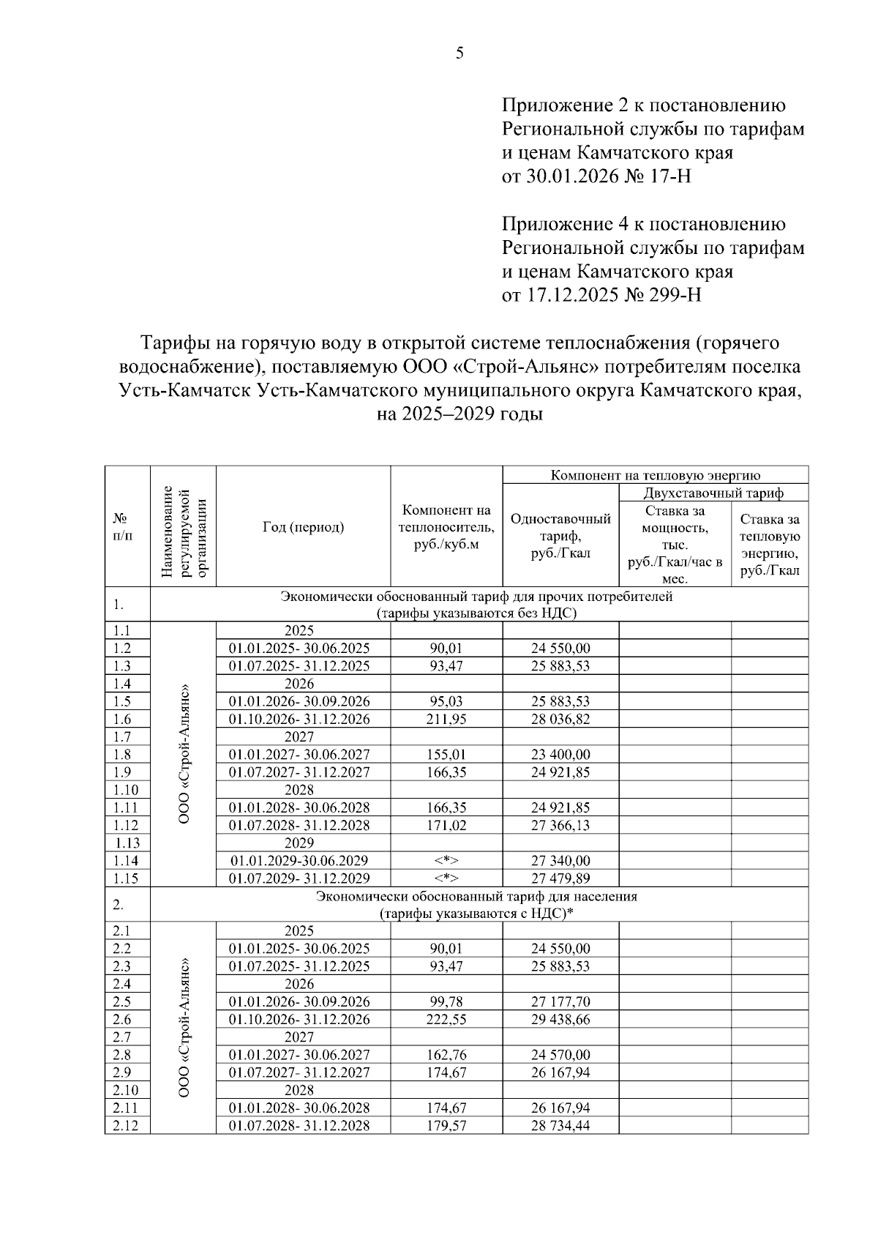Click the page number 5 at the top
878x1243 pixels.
tap(459, 53)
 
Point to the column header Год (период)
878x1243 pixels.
tap(303, 527)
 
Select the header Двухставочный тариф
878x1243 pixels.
tap(713, 493)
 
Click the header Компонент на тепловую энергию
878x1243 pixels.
tap(655, 475)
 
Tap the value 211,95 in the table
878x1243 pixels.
tap(446, 719)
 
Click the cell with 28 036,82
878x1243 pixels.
tap(560, 719)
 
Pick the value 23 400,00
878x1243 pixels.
tap(560, 754)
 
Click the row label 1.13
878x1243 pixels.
tap(127, 843)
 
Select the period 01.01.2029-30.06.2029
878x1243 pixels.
tap(299, 861)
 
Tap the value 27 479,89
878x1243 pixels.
tap(560, 878)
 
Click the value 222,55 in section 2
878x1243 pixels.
tap(446, 1019)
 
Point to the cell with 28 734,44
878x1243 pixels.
tap(560, 1125)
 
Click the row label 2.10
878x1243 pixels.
tap(127, 1090)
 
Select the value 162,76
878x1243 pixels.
tap(446, 1055)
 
